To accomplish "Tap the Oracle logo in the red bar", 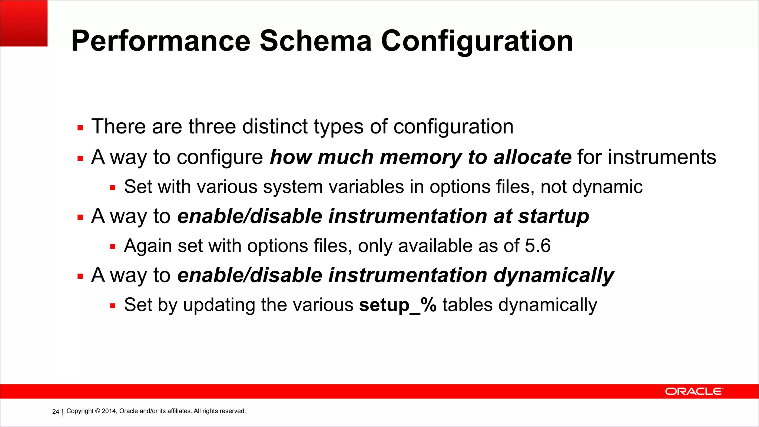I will point(693,391).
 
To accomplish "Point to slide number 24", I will point(56,411).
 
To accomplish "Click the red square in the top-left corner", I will point(24,23).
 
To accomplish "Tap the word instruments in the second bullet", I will point(662,157).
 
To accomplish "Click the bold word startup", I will point(553,216).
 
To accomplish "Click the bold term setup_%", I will point(398,305).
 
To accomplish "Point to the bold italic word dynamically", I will point(554,275).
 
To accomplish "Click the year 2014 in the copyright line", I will point(109,411).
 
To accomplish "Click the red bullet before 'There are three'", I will point(80,128).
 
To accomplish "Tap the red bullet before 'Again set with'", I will point(113,247).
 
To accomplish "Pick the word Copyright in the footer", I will point(80,411).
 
